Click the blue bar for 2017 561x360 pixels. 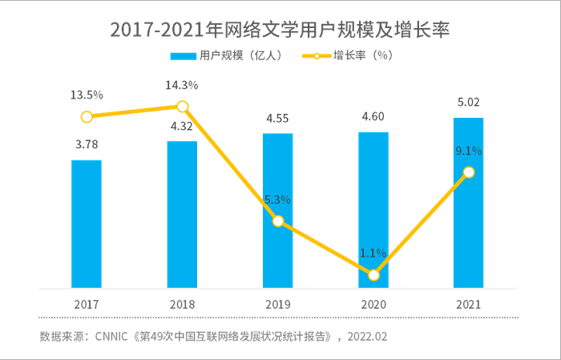(x=87, y=224)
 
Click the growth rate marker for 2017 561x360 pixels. (x=87, y=116)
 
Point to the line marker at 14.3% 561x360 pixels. (x=182, y=107)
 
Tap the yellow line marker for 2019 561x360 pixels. (x=278, y=220)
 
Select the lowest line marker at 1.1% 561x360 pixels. (x=373, y=275)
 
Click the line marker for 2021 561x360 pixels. (x=469, y=172)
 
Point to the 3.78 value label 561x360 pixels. (x=87, y=144)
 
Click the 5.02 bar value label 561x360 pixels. (x=469, y=103)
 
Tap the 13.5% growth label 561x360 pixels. (x=87, y=95)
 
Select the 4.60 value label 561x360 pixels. (x=373, y=117)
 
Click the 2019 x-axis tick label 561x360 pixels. (x=278, y=305)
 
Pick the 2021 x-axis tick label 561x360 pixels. (x=469, y=305)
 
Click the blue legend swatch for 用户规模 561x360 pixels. (x=183, y=56)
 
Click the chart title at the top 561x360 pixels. (x=280, y=30)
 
